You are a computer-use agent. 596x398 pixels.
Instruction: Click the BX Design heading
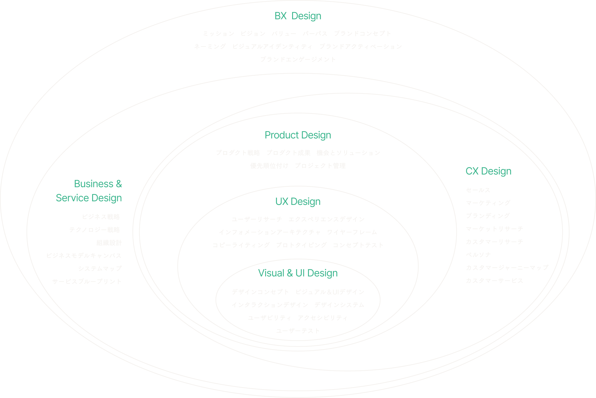pyautogui.click(x=298, y=16)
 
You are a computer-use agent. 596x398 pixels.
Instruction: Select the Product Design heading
pyautogui.click(x=298, y=135)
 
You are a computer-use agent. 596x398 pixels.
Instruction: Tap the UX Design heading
pyautogui.click(x=298, y=202)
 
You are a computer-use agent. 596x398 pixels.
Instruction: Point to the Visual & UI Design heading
pyautogui.click(x=298, y=273)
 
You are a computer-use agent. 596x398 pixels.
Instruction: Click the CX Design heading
pyautogui.click(x=488, y=171)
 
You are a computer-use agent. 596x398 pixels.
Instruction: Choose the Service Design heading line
pyautogui.click(x=89, y=198)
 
